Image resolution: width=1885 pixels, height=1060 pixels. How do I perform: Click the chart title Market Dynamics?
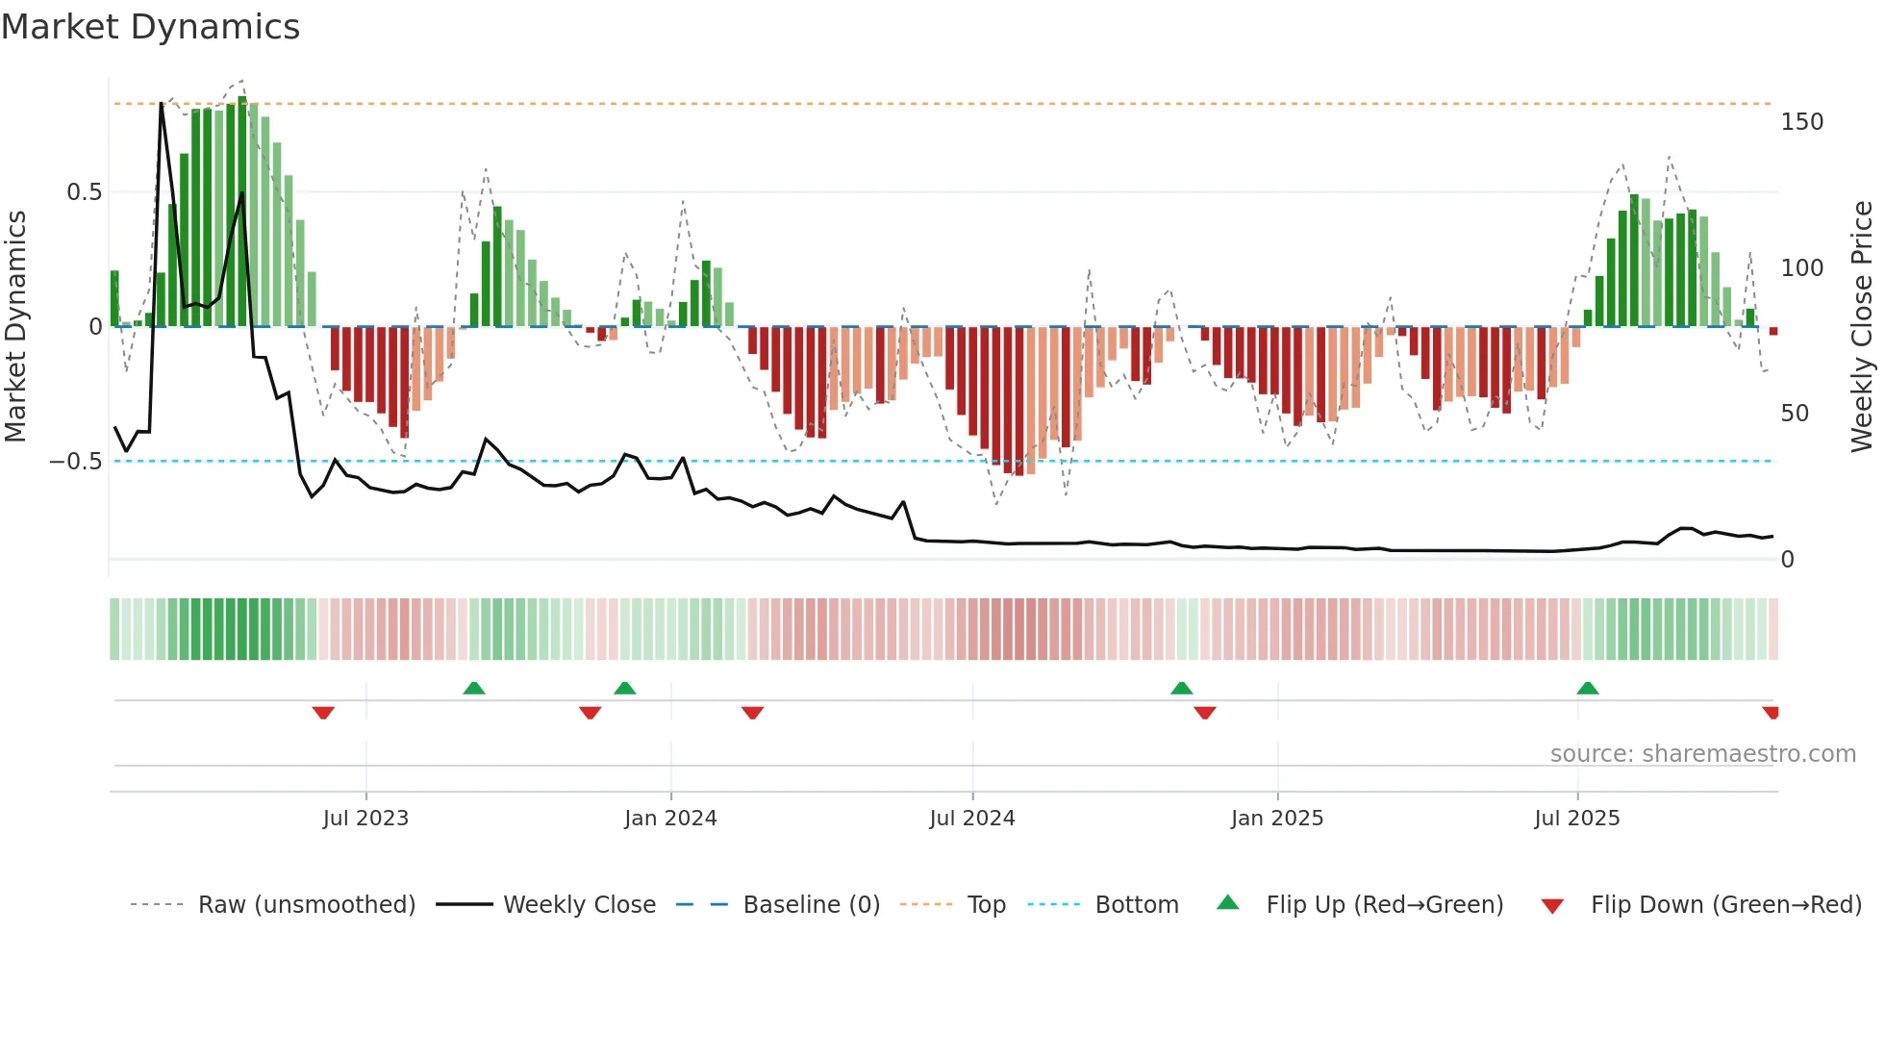tap(151, 27)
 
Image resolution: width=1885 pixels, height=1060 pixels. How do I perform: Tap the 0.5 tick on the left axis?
tap(84, 192)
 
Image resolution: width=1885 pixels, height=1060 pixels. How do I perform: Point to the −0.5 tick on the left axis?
tap(76, 462)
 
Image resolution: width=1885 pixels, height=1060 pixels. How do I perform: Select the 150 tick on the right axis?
tap(1801, 122)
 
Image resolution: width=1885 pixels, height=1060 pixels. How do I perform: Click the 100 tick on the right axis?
tap(1801, 267)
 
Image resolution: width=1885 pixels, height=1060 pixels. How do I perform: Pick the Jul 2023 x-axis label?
tap(365, 819)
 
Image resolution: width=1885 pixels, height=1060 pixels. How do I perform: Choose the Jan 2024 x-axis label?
tap(670, 819)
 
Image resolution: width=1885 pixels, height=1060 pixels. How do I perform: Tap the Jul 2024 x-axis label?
tap(972, 819)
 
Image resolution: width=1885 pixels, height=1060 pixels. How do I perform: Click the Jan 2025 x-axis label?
tap(1277, 819)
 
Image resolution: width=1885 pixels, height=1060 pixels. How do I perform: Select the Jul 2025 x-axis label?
tap(1577, 819)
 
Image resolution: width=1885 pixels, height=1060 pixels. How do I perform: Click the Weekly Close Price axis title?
tap(1862, 327)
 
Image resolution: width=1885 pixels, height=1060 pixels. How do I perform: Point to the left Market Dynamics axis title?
tap(15, 327)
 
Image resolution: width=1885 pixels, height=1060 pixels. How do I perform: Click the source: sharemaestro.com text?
tap(1702, 754)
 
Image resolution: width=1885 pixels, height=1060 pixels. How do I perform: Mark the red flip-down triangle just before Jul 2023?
tap(323, 713)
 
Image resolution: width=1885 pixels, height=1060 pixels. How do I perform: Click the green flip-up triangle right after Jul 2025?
tap(1588, 688)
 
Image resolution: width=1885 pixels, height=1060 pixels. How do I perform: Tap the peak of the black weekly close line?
tap(162, 104)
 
